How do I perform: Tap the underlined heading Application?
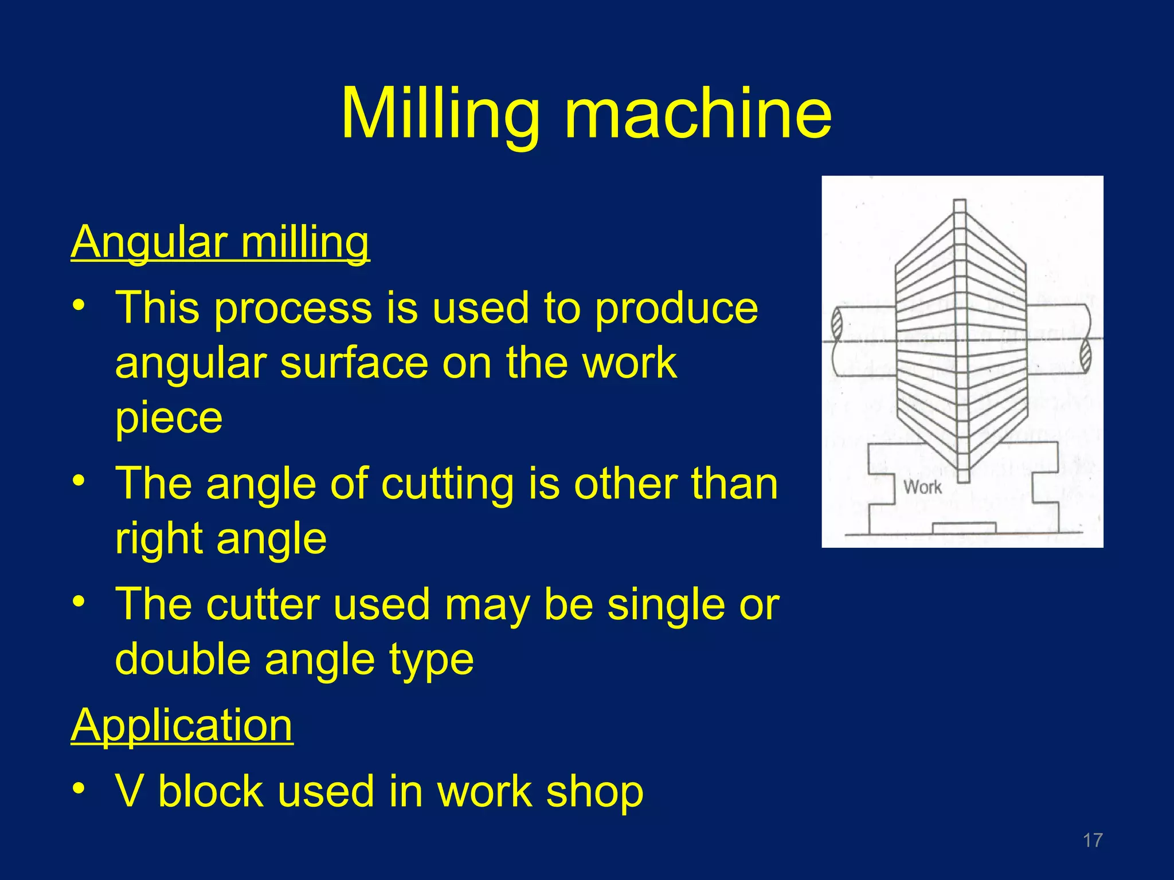coord(182,725)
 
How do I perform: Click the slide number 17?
coord(1093,840)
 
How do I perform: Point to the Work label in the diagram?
coord(922,487)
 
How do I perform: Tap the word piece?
coord(169,418)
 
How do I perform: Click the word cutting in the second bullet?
coord(448,484)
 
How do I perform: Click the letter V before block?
coord(130,792)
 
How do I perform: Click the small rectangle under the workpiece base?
coord(964,528)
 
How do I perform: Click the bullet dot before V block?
coord(79,789)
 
